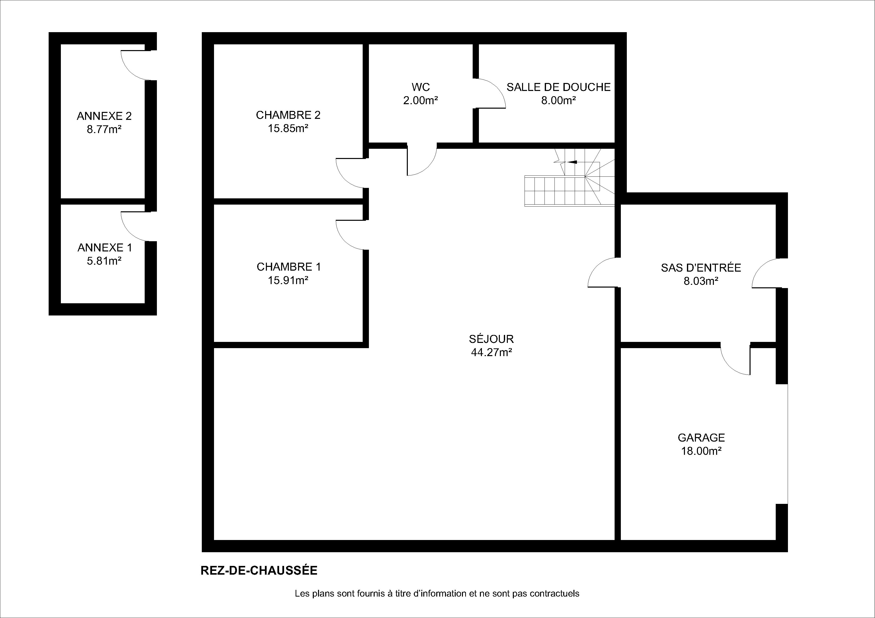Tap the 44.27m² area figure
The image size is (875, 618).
pos(491,352)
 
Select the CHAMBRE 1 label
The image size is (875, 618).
pos(289,267)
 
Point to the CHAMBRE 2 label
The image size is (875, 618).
pos(288,115)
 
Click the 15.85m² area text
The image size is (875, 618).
pos(288,128)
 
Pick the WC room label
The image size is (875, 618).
pos(421,87)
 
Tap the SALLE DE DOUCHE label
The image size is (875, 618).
pos(558,87)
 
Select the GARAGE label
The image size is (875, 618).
pos(701,438)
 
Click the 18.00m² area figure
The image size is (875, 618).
pos(701,451)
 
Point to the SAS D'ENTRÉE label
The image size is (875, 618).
pos(701,268)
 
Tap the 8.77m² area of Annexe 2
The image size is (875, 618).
pos(104,130)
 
